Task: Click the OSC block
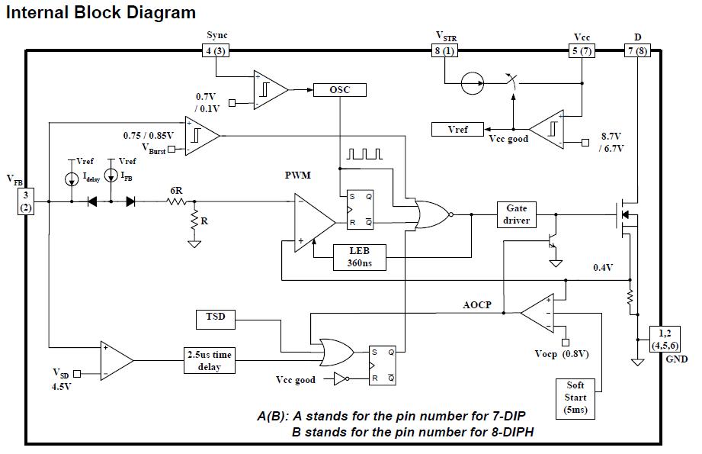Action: (340, 89)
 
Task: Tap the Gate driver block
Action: (517, 214)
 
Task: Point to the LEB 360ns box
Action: (361, 257)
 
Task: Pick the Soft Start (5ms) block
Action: (575, 398)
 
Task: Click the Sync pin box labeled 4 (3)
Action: (216, 50)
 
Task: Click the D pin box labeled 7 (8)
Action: (636, 50)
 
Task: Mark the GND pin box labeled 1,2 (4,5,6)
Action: (662, 338)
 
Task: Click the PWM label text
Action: (298, 175)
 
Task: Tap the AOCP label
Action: (477, 305)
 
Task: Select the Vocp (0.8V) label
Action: (562, 354)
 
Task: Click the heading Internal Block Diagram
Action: (101, 13)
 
